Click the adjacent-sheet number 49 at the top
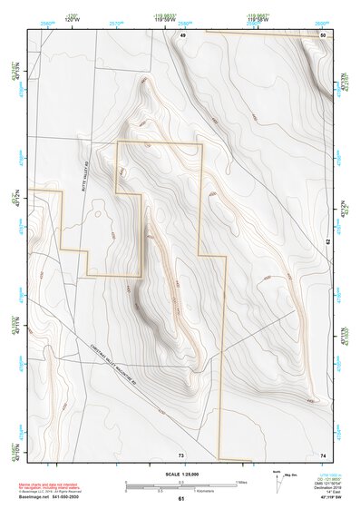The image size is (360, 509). point(181,34)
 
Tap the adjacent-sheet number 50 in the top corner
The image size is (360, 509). point(323,34)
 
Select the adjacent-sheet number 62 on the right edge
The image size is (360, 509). point(327,241)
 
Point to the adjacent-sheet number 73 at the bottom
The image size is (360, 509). point(180,454)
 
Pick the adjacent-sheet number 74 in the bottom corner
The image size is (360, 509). point(323,454)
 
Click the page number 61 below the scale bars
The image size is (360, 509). point(180,498)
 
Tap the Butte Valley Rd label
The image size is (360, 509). point(81,190)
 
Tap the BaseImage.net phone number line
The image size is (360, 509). point(53,497)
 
